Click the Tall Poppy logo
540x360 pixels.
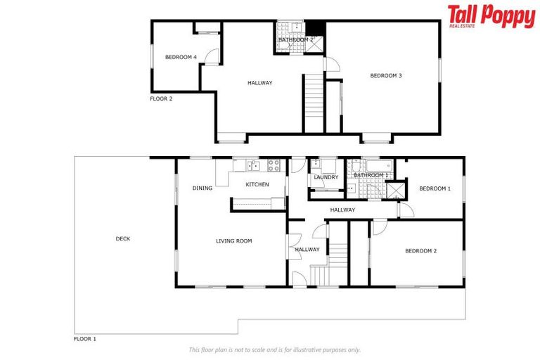(x=491, y=17)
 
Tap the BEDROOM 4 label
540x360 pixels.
(x=181, y=57)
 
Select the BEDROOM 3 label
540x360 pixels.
(x=385, y=76)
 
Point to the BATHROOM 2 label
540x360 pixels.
(x=295, y=40)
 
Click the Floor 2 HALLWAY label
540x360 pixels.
(x=259, y=83)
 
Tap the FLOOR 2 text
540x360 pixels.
(x=161, y=99)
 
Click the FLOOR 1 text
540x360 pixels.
(x=85, y=339)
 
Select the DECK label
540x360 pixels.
(x=122, y=239)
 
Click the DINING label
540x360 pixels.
(x=202, y=188)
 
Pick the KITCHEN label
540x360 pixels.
(x=257, y=184)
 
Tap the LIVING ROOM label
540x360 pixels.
(x=233, y=241)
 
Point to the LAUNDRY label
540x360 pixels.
(x=326, y=177)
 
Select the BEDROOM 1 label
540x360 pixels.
(x=435, y=188)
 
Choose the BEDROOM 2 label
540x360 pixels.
(x=420, y=251)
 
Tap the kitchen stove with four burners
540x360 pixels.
(x=273, y=167)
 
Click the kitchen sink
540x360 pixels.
(x=253, y=167)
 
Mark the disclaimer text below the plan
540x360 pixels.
(x=274, y=349)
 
